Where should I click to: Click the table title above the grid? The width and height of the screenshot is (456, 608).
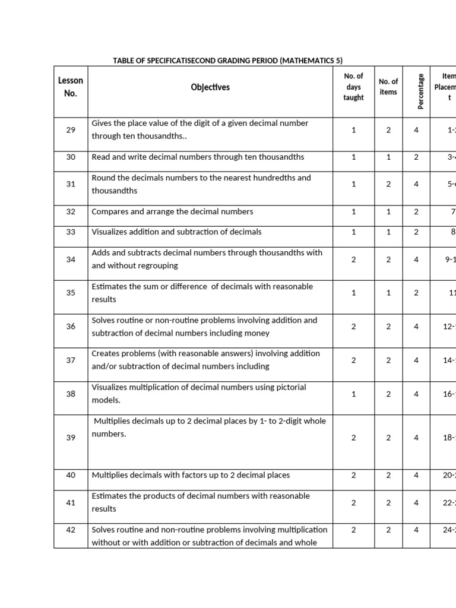click(x=227, y=61)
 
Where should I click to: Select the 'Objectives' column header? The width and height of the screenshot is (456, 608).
click(x=210, y=87)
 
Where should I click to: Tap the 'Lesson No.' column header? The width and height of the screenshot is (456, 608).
click(x=71, y=87)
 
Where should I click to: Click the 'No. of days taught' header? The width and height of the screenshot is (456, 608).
click(x=353, y=87)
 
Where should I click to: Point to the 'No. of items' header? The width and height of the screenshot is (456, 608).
click(x=388, y=87)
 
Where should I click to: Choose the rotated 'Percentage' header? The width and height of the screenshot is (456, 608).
click(x=421, y=91)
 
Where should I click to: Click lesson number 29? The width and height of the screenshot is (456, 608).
click(x=71, y=129)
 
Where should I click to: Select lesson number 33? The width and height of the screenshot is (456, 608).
click(x=71, y=232)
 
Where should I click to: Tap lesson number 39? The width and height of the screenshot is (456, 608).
click(x=71, y=438)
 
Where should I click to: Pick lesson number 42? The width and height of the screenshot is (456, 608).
click(x=71, y=530)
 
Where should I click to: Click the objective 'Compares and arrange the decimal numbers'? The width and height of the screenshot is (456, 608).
click(x=172, y=211)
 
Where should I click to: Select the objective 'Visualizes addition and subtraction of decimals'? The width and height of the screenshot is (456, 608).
click(x=176, y=232)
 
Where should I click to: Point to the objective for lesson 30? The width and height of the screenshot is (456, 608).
click(x=198, y=157)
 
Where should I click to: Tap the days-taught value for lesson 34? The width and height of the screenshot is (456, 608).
click(x=353, y=259)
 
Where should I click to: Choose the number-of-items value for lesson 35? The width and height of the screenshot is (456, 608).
click(x=388, y=293)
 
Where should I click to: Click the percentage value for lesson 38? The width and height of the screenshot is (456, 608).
click(x=416, y=394)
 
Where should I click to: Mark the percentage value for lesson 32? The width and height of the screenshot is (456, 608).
click(x=416, y=211)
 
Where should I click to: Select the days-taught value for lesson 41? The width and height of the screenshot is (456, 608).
click(x=353, y=502)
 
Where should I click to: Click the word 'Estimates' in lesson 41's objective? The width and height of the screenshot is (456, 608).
click(x=110, y=496)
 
